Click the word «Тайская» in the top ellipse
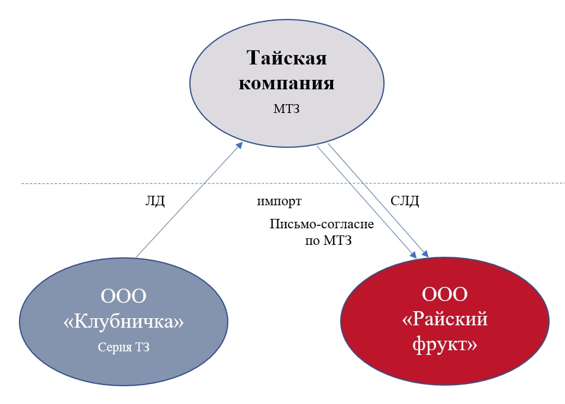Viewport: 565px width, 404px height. [286, 59]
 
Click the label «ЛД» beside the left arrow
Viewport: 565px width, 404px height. [154, 201]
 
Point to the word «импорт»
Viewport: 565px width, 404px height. [279, 201]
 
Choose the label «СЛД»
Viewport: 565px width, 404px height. [405, 201]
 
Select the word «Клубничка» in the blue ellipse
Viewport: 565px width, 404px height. [124, 322]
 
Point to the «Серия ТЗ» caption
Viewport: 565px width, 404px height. [124, 347]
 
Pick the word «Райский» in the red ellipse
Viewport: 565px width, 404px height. [445, 319]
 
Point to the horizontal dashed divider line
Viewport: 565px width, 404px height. [89, 183]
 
